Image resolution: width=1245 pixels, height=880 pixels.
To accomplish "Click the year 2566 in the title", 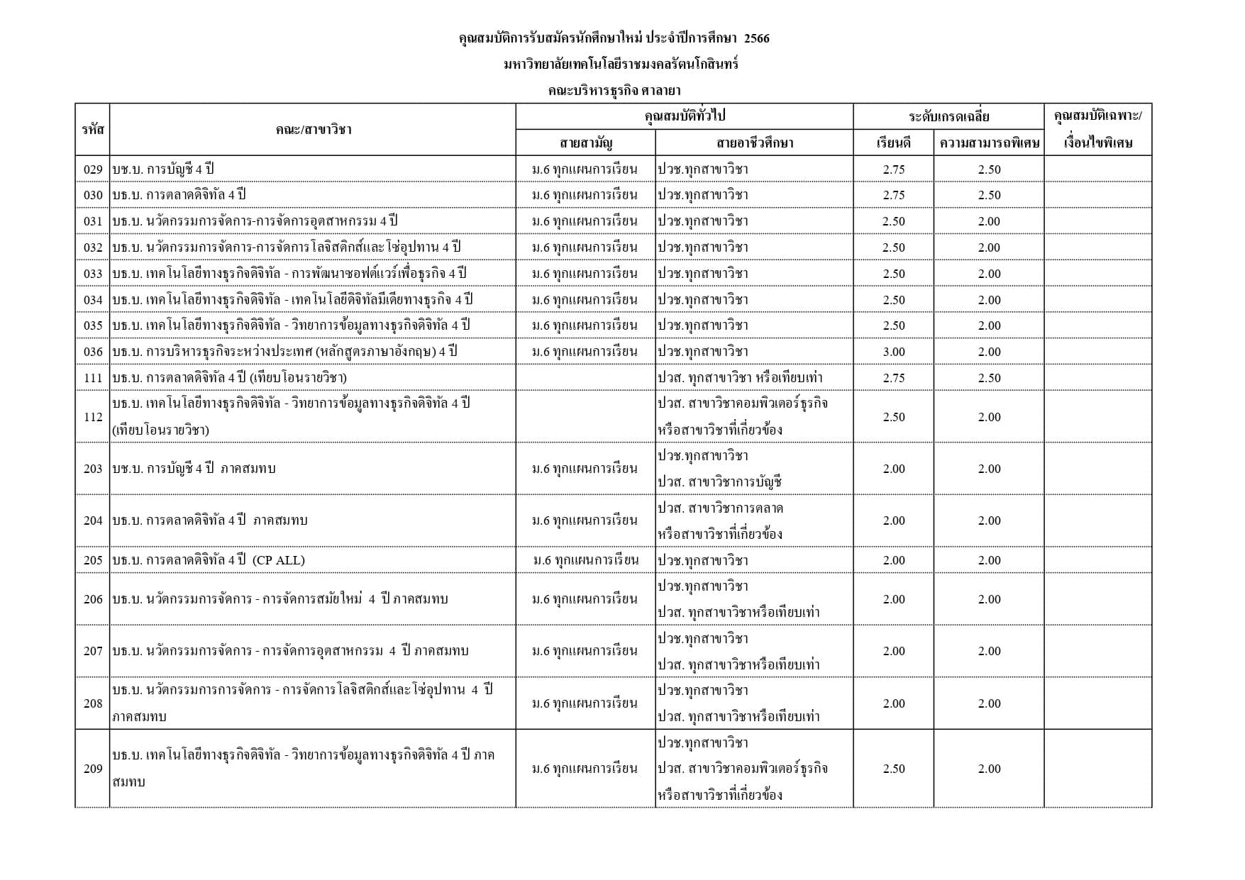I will pos(756,38).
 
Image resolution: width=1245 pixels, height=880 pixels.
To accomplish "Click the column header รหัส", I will pos(93,129).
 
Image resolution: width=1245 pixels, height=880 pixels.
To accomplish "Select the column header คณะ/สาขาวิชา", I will pos(313,129).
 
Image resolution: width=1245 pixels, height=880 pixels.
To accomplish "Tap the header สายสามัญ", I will pos(585,143).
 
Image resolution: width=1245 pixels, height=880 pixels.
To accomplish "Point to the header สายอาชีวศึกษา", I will pos(754,143).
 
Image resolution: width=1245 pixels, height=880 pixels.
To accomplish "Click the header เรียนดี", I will pos(893,143).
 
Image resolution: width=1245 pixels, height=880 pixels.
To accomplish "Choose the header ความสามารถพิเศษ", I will pos(989,143).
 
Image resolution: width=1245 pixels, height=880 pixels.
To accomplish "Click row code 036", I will pos(93,352).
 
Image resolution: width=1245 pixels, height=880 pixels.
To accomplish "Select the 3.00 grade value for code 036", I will pos(893,352).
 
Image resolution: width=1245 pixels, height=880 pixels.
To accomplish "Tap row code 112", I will pos(93,417).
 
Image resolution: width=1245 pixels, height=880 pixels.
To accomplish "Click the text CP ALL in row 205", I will pos(278,560).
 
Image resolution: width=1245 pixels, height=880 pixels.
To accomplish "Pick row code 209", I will pos(93,769).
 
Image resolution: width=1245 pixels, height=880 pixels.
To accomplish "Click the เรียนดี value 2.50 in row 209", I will pos(893,769).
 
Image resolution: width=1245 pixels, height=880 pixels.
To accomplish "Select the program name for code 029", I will pos(162,169).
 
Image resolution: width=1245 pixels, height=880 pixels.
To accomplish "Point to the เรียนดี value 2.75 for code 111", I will pos(893,378).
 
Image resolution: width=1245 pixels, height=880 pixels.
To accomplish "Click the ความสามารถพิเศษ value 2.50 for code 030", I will pos(989,195).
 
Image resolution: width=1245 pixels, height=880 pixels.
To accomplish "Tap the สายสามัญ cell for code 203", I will pos(585,469).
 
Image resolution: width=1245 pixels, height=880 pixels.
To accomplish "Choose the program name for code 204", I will pos(210,520).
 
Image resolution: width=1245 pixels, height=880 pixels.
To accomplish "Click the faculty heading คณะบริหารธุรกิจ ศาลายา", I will pos(614,90).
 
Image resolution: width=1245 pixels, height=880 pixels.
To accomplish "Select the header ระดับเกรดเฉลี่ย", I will pos(948,116).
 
